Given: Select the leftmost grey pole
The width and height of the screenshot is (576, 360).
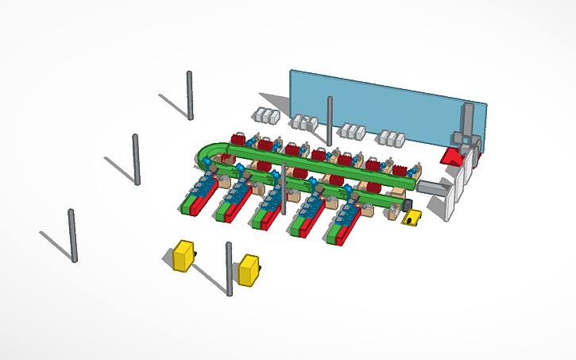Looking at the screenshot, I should (73, 235).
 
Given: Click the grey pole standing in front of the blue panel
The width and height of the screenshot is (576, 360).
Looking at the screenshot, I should (330, 119).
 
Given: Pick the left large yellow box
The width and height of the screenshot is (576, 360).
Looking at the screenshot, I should (184, 256).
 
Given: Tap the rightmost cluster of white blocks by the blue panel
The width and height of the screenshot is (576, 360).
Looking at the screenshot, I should (392, 138).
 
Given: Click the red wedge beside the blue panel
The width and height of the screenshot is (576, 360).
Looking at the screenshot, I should (454, 157).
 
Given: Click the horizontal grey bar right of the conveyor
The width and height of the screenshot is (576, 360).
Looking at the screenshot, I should (433, 188).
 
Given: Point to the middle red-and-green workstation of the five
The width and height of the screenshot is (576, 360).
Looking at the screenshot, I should (269, 211).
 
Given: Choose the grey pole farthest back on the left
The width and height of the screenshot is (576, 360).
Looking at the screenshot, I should (190, 95).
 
